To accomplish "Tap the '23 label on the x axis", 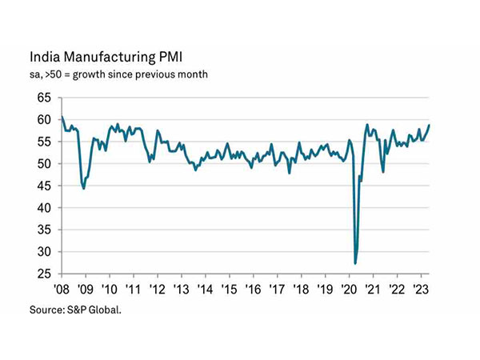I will (421, 289).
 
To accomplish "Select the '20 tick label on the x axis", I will (349, 289).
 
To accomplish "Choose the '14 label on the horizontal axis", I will (205, 289).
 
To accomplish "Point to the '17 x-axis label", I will (277, 289).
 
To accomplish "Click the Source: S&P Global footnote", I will (78, 308).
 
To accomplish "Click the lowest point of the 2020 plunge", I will (355, 262).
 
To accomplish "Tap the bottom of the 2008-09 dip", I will (84, 188).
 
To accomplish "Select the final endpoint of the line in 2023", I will (430, 124).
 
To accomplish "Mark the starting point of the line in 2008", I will (62, 117).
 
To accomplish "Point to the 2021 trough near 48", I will (383, 171).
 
